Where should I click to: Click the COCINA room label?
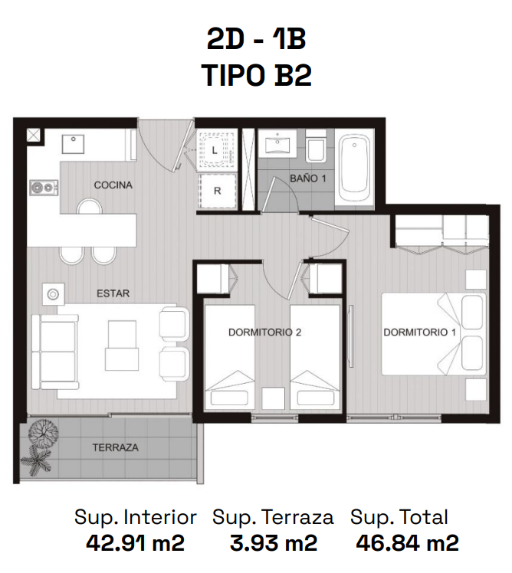coord(113,185)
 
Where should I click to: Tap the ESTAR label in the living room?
coord(113,293)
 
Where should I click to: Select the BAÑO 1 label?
coord(307,178)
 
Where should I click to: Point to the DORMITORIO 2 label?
coord(264,332)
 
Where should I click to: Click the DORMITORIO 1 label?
coord(420,332)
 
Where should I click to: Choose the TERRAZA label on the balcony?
coord(115,447)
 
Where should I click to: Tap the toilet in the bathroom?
coord(316,147)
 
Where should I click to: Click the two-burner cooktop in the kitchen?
coord(44,188)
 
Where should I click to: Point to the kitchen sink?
coord(73,144)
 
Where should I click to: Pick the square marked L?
coord(216,149)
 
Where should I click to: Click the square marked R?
coord(217,191)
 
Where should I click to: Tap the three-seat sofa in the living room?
coord(55,352)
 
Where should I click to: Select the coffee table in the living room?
coord(122,345)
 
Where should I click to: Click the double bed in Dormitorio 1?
coord(434,334)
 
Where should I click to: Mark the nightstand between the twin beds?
coord(274,398)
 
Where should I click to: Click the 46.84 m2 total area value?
coord(407,543)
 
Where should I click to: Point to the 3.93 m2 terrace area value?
coord(274,543)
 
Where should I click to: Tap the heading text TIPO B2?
coord(257,76)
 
